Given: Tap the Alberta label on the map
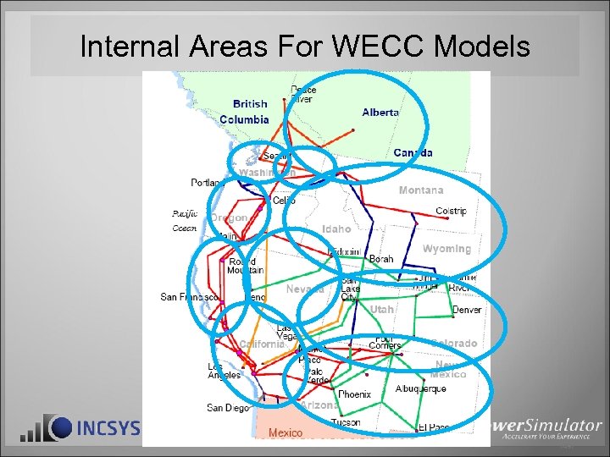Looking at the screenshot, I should [380, 113].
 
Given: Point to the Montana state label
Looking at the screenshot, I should [421, 190].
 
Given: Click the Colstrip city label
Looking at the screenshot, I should [451, 212].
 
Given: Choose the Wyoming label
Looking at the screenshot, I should [446, 249].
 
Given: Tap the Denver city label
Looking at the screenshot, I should [467, 311].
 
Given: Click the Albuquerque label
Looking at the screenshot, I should [420, 389].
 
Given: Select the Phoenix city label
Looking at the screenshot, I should [354, 394].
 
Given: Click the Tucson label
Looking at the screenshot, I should [346, 422].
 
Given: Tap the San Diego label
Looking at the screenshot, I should [227, 408].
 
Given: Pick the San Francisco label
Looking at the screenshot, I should [191, 297].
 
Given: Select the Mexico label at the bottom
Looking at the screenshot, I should [286, 433].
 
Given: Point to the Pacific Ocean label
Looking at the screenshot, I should [185, 221].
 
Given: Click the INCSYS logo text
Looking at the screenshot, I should [108, 428].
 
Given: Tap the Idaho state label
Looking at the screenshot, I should [336, 229].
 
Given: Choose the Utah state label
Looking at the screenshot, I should [382, 310].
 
